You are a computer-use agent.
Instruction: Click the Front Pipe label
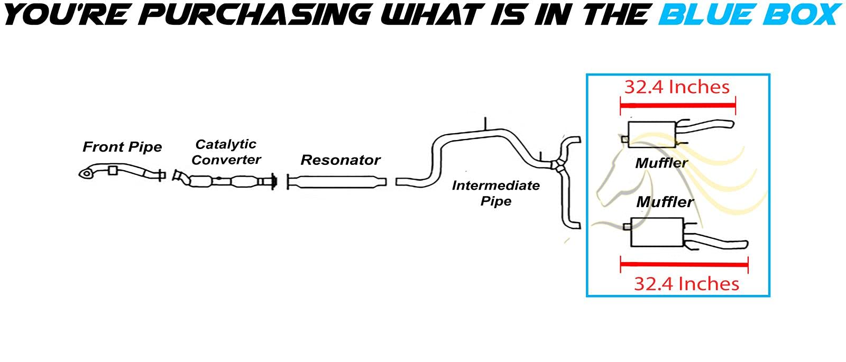point(122,147)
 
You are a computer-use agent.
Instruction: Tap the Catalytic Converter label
point(226,152)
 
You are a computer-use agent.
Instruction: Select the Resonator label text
point(341,160)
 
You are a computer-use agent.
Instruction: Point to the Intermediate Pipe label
point(495,193)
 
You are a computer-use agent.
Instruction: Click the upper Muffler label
point(661,163)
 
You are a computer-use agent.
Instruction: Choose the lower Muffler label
point(665,202)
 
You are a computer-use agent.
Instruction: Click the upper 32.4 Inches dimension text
point(677,87)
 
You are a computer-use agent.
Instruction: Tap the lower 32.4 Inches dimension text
point(686,284)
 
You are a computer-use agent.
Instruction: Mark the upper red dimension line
point(677,106)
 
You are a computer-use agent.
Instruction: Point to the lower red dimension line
point(684,264)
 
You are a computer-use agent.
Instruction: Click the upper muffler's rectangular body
point(652,134)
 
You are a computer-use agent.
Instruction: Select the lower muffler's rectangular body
point(656,232)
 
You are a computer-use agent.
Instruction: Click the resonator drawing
point(336,182)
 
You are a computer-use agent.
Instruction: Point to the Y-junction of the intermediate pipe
point(555,165)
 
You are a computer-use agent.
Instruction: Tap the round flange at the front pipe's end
point(86,173)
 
